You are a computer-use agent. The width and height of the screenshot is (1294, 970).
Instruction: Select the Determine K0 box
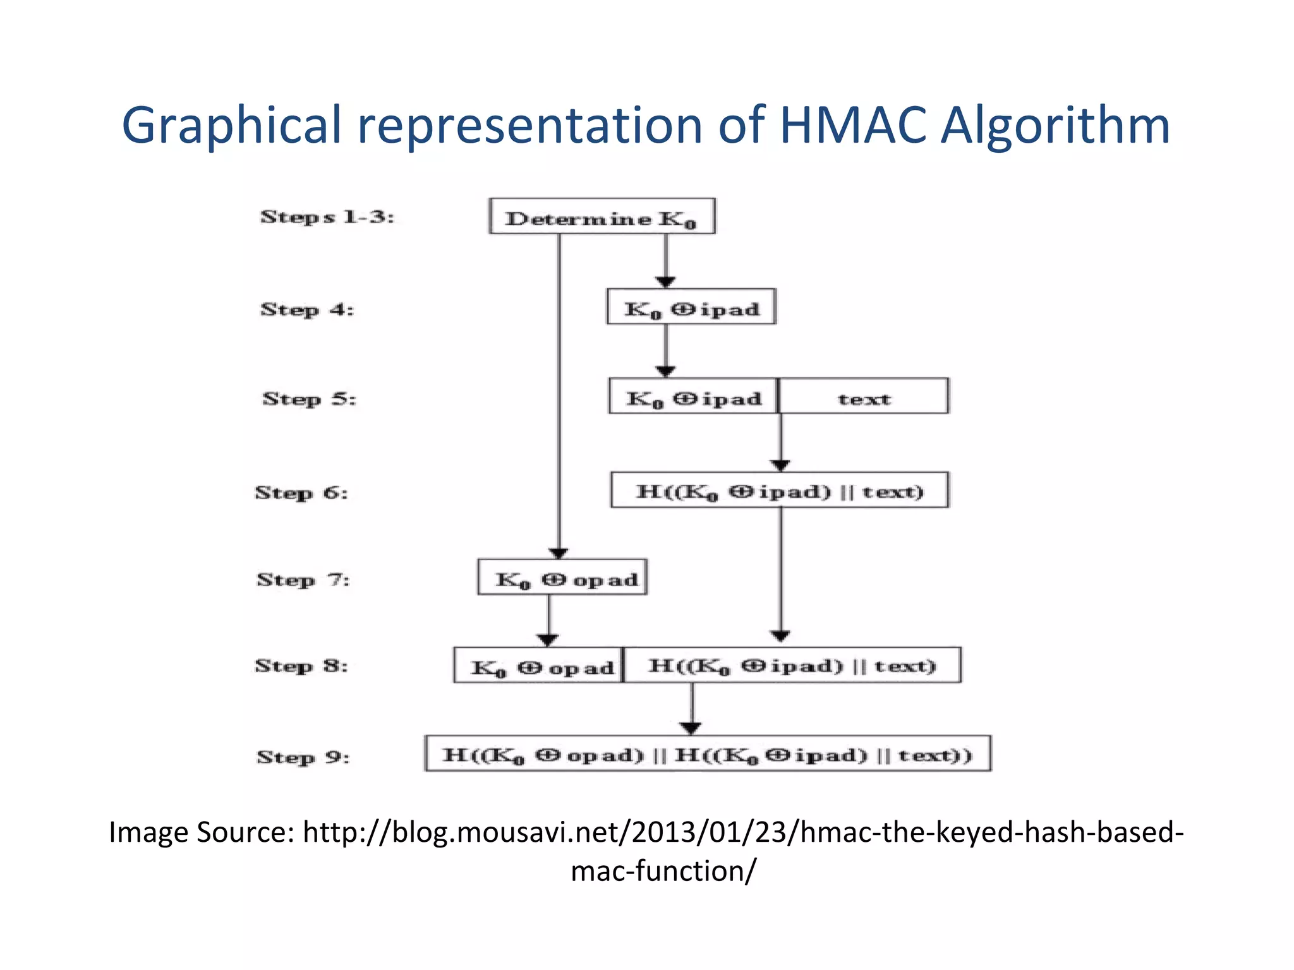(602, 217)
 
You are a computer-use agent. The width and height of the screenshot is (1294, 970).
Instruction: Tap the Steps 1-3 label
(327, 217)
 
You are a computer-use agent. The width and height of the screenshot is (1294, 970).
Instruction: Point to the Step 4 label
(307, 309)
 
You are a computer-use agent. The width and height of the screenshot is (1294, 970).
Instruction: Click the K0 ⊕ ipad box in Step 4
(691, 308)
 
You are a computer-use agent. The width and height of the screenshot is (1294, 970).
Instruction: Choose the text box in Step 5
(864, 397)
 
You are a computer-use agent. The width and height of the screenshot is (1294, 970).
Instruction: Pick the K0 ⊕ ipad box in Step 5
(694, 397)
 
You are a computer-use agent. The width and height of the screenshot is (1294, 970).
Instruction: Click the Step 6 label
(301, 492)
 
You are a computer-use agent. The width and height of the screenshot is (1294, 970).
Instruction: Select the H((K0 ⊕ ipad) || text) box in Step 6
(780, 490)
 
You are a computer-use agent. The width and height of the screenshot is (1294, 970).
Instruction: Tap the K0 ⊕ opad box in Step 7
(562, 577)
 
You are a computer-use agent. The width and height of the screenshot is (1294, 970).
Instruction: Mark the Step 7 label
(303, 579)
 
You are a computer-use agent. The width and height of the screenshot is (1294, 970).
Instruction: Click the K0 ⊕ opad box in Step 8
(538, 666)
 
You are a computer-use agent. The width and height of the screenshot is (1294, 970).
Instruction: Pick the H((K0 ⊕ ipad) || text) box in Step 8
(792, 666)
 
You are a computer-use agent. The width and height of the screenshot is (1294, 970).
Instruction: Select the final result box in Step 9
(708, 754)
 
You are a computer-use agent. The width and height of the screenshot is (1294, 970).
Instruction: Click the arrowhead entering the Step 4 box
(665, 282)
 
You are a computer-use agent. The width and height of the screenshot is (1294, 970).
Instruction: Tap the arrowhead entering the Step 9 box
(691, 728)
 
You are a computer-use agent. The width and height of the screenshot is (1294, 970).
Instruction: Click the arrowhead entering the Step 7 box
(559, 553)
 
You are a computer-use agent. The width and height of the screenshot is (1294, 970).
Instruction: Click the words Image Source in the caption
(201, 832)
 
